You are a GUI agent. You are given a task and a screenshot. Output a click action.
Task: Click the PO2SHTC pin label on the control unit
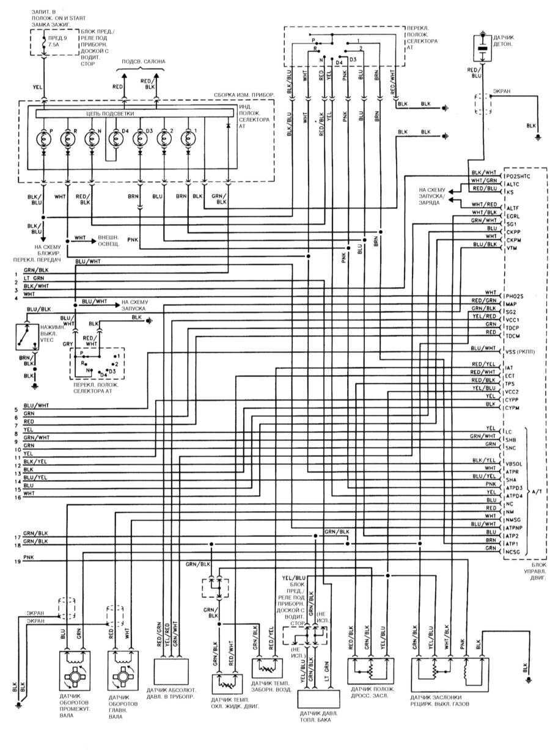point(519,177)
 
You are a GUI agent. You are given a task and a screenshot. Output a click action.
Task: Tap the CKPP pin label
point(514,233)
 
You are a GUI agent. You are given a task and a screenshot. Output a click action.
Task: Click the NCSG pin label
point(514,552)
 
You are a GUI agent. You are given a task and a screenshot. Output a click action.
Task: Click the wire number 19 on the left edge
point(18,561)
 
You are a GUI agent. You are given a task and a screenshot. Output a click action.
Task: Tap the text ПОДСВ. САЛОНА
point(143,62)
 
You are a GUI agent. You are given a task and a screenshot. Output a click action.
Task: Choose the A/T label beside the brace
point(537,491)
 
